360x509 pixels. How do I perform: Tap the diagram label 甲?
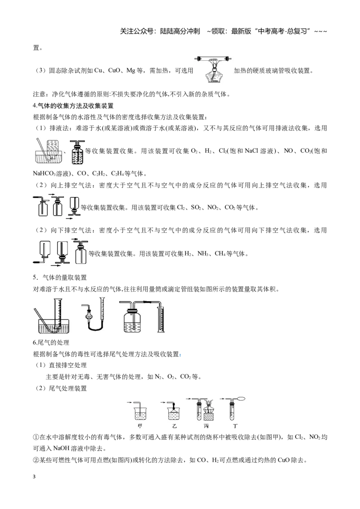click(x=140, y=426)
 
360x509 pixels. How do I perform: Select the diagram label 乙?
click(x=175, y=426)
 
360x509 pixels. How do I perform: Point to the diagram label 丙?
click(x=206, y=426)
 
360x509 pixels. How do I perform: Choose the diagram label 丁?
click(x=235, y=426)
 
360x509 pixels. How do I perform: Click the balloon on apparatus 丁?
click(x=241, y=399)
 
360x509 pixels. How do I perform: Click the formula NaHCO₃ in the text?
click(x=44, y=174)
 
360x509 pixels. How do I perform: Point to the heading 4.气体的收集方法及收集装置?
click(x=73, y=106)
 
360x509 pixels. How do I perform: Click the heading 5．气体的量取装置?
click(x=60, y=277)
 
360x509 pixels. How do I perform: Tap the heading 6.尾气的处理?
click(x=51, y=343)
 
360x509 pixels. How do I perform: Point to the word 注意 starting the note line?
click(x=39, y=94)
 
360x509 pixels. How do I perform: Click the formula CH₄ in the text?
click(x=220, y=254)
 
